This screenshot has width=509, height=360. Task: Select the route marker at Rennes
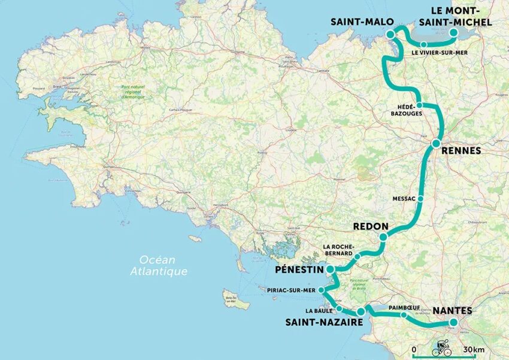[435, 143]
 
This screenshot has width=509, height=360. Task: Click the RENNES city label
[460, 152]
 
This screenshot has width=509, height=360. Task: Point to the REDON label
[371, 228]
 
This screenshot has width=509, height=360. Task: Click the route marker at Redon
[383, 237]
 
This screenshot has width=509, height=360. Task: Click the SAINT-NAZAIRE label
[323, 322]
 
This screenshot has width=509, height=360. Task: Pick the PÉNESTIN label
[299, 270]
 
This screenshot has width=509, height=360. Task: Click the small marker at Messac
[421, 198]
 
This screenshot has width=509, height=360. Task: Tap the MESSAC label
[404, 199]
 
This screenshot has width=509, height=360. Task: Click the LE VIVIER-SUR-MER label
[440, 53]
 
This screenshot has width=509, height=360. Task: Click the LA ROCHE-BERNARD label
[338, 250]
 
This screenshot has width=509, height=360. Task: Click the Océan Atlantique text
[159, 265]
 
